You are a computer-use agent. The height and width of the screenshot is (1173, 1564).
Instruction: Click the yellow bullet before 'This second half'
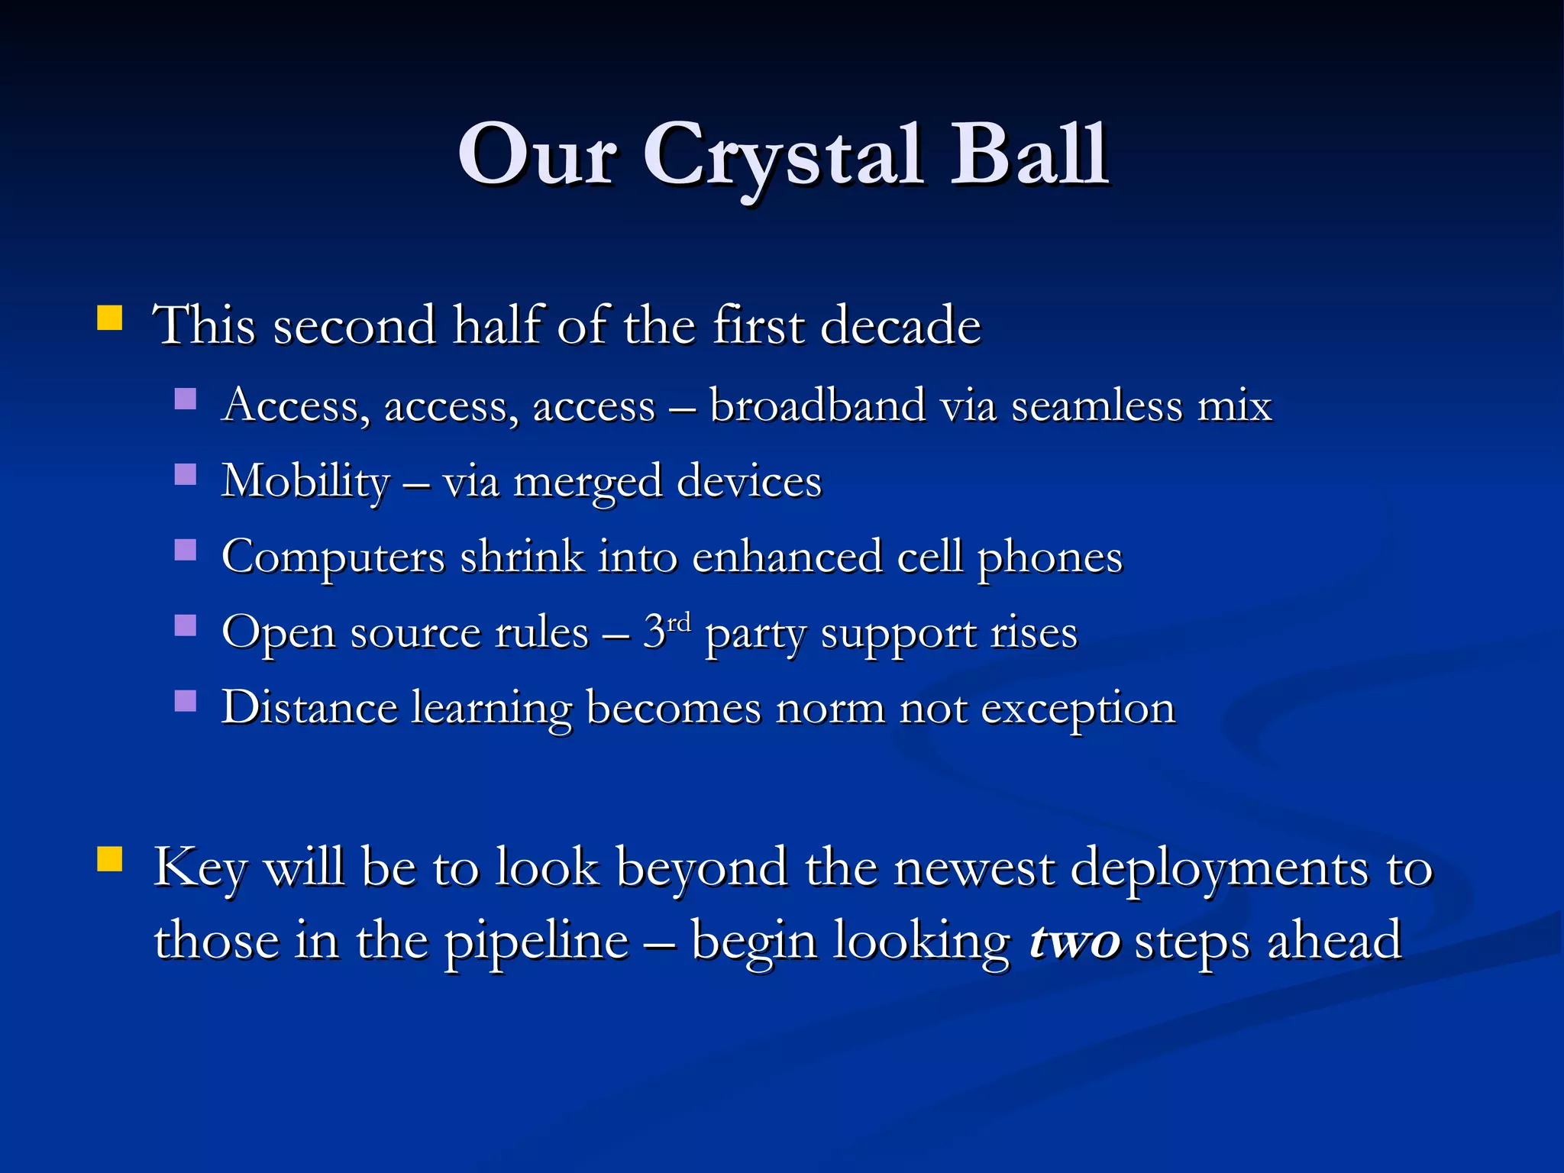[x=110, y=318]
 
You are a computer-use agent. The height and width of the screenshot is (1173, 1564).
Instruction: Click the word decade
[x=900, y=326]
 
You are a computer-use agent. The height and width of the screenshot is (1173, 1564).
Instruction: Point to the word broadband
[x=816, y=406]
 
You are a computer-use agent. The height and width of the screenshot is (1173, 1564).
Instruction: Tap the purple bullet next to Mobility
[x=186, y=475]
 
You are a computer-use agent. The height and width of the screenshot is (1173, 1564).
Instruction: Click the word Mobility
[x=305, y=482]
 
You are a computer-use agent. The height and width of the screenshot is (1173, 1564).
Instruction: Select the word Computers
[x=333, y=557]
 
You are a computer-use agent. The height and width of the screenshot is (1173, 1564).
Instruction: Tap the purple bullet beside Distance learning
[x=186, y=701]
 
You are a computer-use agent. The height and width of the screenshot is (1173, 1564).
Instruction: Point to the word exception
[x=1078, y=709]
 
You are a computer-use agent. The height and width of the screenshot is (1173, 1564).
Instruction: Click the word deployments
[x=1219, y=868]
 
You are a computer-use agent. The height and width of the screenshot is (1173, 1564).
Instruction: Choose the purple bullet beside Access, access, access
[x=186, y=399]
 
